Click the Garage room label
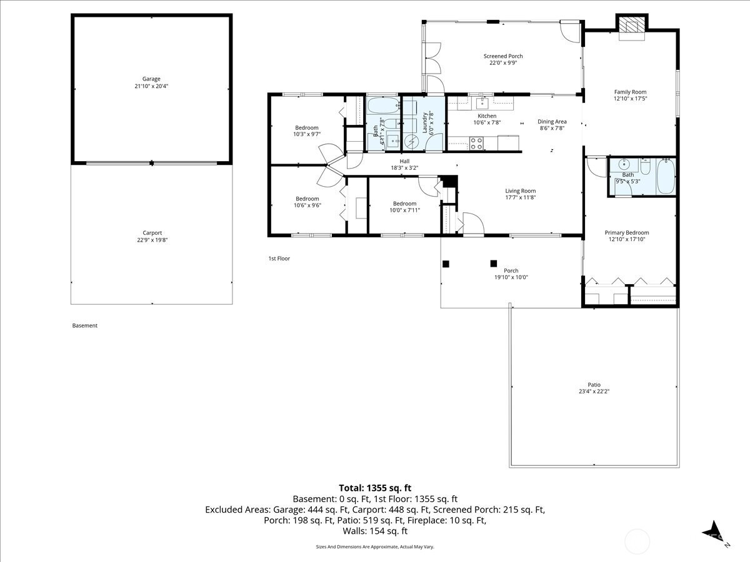click(151, 79)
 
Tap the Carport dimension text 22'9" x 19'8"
click(152, 240)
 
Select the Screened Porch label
click(503, 56)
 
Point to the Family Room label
click(630, 92)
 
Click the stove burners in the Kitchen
click(476, 144)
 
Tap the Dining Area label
click(552, 122)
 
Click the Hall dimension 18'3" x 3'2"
click(404, 168)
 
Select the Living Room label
click(521, 191)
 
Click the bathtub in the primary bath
click(666, 176)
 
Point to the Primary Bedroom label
click(627, 233)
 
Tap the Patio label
click(594, 385)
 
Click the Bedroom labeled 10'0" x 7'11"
click(404, 204)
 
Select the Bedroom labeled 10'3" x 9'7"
click(307, 128)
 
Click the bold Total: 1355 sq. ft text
click(375, 488)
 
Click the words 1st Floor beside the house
click(279, 259)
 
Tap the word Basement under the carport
click(85, 325)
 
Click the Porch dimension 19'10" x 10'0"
click(511, 277)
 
